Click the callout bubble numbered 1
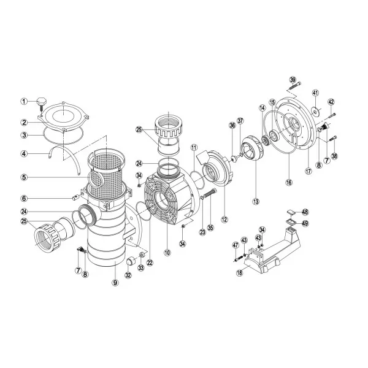[x=24, y=102]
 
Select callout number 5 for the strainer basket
[x=25, y=177]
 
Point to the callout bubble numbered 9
[x=115, y=283]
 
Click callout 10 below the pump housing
[x=167, y=253]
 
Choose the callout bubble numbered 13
[x=256, y=201]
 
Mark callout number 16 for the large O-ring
[x=289, y=182]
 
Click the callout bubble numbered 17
[x=309, y=171]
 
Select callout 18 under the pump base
[x=240, y=273]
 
